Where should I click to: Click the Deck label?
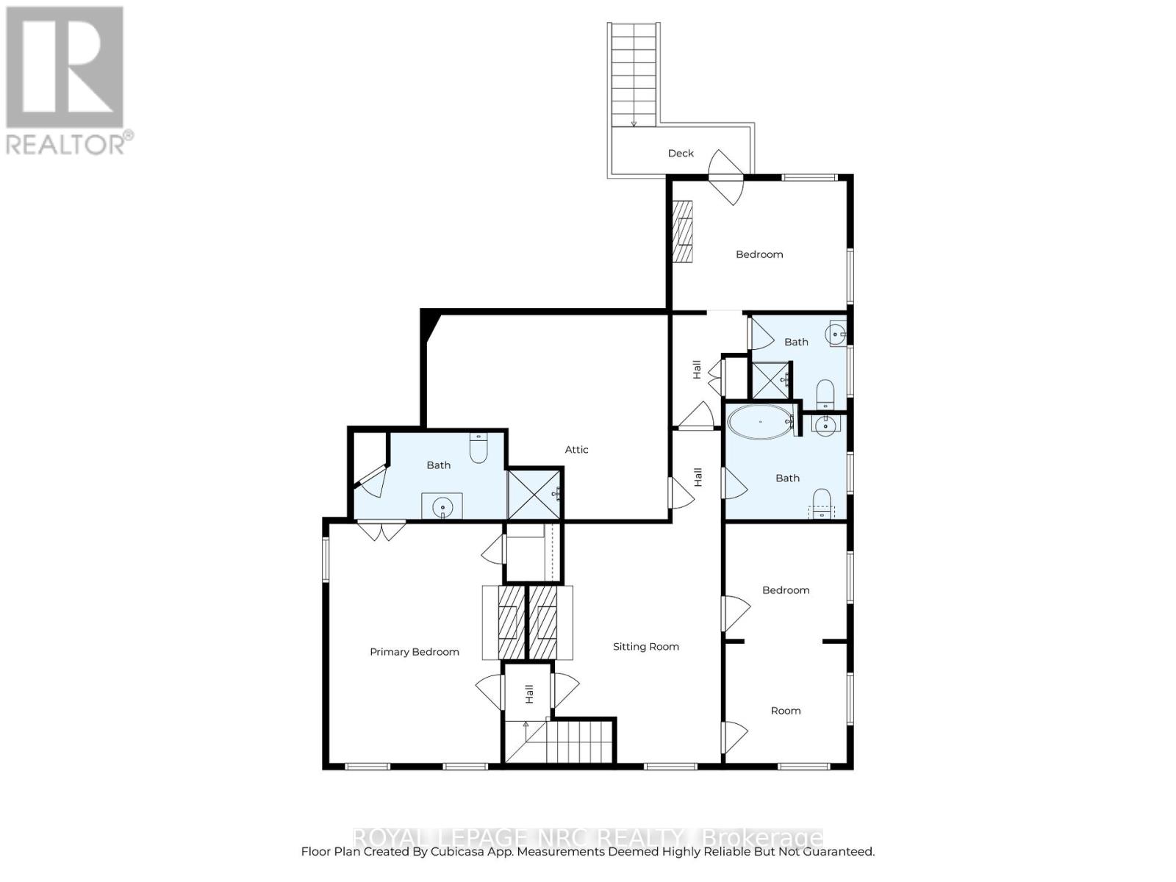point(681,154)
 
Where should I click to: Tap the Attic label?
point(576,450)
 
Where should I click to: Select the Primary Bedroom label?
point(414,652)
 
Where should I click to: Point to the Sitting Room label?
point(645,647)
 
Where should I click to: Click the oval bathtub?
point(759,422)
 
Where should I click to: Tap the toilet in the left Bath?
point(478,448)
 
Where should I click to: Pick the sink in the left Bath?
point(442,506)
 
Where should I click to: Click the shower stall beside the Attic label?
point(534,494)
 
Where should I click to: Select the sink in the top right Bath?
point(836,334)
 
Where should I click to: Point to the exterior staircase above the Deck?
point(634,73)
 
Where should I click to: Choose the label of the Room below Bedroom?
point(785,711)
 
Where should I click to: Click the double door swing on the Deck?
point(726,176)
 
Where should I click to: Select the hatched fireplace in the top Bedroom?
point(684,231)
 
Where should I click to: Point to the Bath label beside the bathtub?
point(787,478)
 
